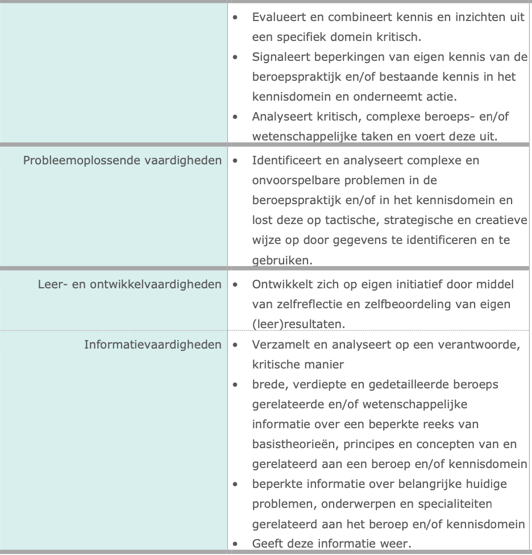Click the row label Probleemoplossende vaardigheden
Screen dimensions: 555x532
coord(122,160)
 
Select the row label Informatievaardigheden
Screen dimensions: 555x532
coord(152,345)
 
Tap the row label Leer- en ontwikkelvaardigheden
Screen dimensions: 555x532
coord(129,284)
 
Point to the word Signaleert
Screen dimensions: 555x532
coord(280,57)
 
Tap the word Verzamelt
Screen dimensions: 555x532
coord(279,345)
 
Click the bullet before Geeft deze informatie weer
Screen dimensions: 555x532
coord(235,544)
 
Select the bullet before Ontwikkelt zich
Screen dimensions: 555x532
coord(235,284)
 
